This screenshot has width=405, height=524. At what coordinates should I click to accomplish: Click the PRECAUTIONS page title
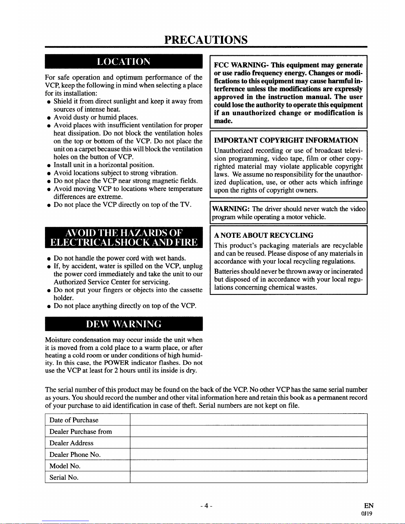(x=206, y=40)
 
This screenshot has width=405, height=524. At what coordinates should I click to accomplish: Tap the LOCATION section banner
(x=124, y=62)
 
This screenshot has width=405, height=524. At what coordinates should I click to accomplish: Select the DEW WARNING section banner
(x=124, y=324)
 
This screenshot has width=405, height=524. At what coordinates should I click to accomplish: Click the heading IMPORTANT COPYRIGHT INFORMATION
(x=286, y=140)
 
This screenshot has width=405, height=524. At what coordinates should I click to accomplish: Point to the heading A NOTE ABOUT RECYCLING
(x=263, y=235)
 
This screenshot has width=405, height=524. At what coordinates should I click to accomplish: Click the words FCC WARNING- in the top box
(x=241, y=65)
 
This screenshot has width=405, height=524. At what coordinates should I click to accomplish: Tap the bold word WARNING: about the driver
(x=230, y=209)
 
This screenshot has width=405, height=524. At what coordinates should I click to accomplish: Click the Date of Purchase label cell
(x=74, y=420)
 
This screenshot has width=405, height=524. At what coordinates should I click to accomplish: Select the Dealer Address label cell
(x=71, y=443)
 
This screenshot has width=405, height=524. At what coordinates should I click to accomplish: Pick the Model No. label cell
(x=65, y=466)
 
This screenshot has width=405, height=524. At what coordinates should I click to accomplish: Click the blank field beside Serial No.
(x=248, y=477)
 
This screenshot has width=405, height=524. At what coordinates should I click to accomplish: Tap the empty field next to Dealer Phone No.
(x=248, y=455)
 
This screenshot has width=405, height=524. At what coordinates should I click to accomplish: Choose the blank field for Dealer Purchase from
(x=248, y=431)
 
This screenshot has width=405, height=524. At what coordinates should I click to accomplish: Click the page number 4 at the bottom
(x=206, y=506)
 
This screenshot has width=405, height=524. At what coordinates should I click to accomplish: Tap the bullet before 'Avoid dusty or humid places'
(x=49, y=118)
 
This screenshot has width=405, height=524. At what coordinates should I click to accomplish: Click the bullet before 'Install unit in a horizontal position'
(x=49, y=165)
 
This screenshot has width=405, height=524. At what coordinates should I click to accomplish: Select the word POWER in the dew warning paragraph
(x=116, y=363)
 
